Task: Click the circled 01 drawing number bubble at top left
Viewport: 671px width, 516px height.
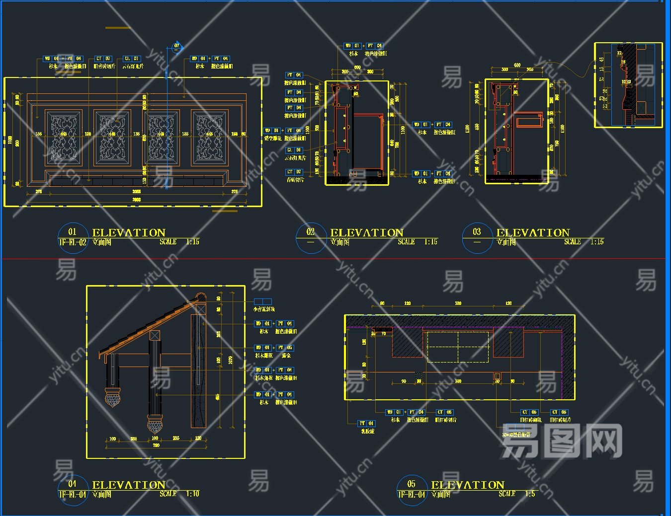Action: click(73, 231)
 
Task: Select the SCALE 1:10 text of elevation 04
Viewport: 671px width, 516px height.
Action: click(179, 494)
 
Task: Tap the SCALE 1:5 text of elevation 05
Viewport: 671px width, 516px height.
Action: click(517, 494)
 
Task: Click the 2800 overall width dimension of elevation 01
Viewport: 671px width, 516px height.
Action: click(137, 200)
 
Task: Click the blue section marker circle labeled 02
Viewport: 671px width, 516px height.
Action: click(176, 47)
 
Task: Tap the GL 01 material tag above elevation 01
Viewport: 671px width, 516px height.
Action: click(132, 59)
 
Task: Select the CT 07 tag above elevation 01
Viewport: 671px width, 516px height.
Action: click(103, 59)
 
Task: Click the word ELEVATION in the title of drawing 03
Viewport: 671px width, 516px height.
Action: click(533, 232)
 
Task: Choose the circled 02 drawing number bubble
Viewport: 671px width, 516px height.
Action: click(311, 232)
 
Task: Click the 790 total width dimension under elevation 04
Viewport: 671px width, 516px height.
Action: click(156, 445)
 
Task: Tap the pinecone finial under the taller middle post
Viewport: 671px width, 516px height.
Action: click(155, 425)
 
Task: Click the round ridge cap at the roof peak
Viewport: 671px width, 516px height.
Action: click(199, 297)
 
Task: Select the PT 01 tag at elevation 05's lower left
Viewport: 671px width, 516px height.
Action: click(366, 424)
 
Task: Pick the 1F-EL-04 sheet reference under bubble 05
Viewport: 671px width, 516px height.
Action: click(412, 495)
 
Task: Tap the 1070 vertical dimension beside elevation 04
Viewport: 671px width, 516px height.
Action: click(230, 360)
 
